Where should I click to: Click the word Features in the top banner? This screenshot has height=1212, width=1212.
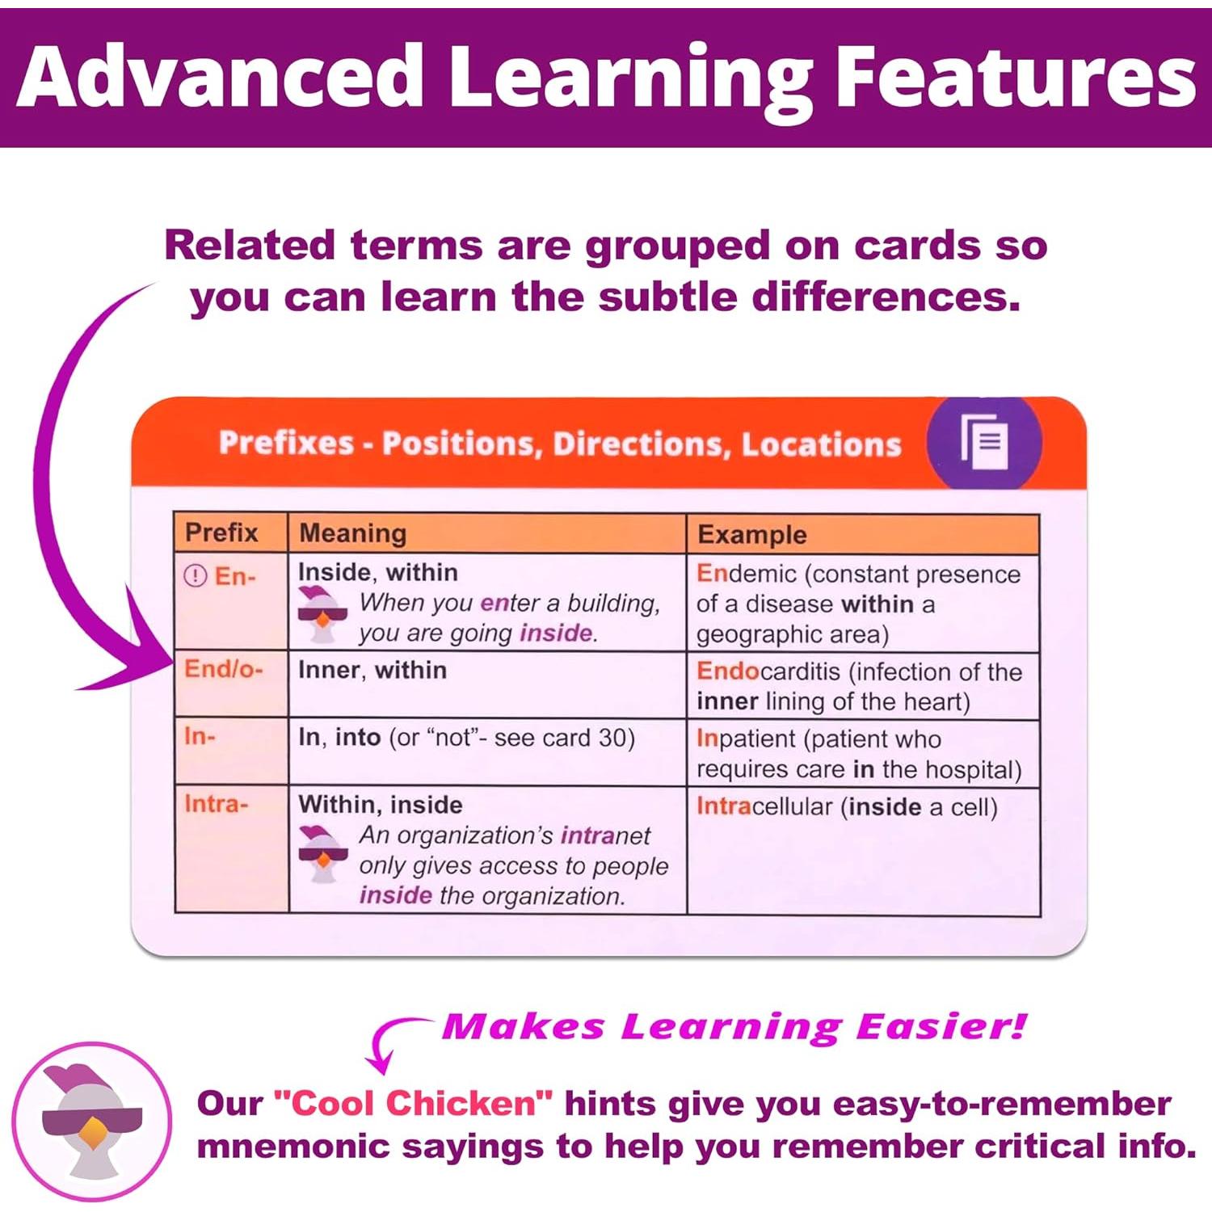click(1015, 77)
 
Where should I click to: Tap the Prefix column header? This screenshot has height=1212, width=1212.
click(221, 533)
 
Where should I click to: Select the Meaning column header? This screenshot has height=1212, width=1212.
click(353, 533)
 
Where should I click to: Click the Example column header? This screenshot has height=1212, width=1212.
click(752, 535)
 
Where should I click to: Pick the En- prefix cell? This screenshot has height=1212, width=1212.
click(231, 601)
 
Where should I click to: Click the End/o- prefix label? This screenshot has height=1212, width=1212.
click(224, 669)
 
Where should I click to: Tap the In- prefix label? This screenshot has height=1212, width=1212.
click(200, 737)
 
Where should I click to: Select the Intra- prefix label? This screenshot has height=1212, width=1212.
click(217, 804)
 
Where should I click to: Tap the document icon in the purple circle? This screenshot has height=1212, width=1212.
click(985, 440)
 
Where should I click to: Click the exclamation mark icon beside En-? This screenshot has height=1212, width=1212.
click(196, 576)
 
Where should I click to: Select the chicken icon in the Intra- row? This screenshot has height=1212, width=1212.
click(322, 854)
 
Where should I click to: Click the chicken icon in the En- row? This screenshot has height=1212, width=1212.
click(322, 615)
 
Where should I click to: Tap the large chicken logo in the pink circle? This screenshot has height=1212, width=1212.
click(92, 1122)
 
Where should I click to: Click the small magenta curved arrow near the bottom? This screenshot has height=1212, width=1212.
click(388, 1038)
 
